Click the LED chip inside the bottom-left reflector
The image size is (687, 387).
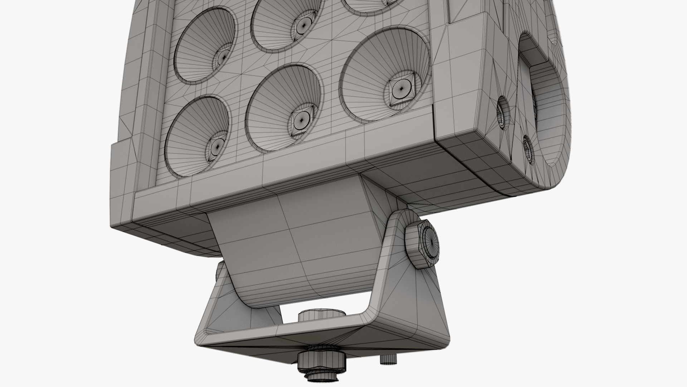[x=216, y=147]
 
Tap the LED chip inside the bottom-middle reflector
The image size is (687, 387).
[x=301, y=120]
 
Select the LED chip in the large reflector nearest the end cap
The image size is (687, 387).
[x=401, y=89]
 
